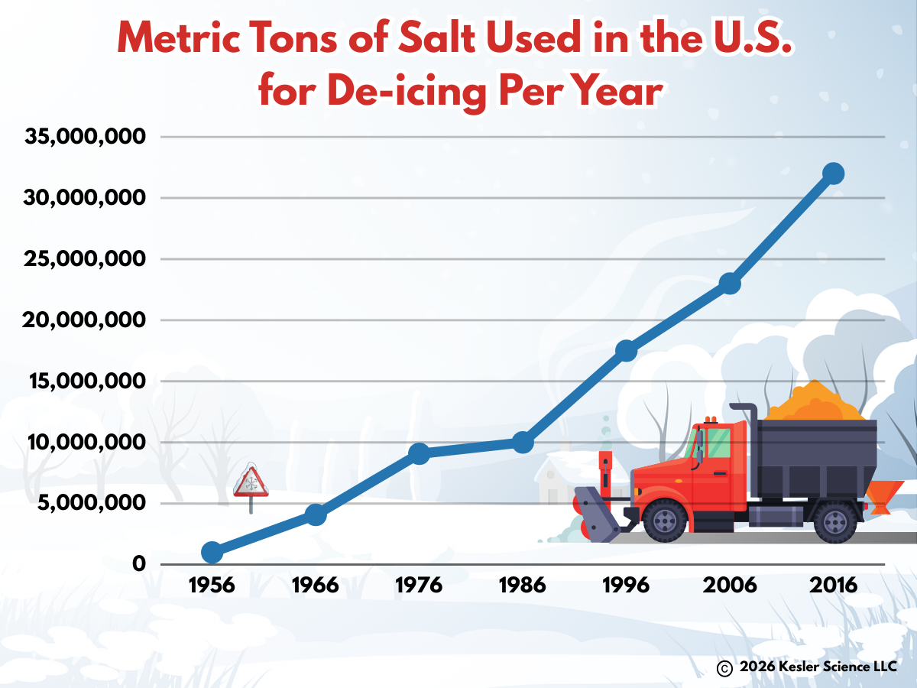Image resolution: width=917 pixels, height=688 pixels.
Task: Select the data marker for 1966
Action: coord(316,514)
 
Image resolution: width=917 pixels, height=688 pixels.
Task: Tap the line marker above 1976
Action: coord(419,453)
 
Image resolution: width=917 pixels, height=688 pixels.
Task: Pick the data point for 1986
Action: coord(523,442)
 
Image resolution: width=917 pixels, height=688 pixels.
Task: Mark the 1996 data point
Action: coord(627,350)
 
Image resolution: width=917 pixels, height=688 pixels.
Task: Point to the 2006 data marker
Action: coord(730,284)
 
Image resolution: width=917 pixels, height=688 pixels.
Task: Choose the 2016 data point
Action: coord(834,174)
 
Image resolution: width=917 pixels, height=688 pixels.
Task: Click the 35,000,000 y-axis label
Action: coord(86,138)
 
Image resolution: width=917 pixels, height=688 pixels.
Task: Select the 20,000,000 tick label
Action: coord(86,320)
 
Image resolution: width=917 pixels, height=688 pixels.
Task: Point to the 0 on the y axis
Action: coord(139,564)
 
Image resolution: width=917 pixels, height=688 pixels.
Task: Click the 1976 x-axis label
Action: coord(419,586)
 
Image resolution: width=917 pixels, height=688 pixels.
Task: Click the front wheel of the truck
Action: coord(664,521)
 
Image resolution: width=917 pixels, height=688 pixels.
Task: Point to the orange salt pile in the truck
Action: coord(815,402)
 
